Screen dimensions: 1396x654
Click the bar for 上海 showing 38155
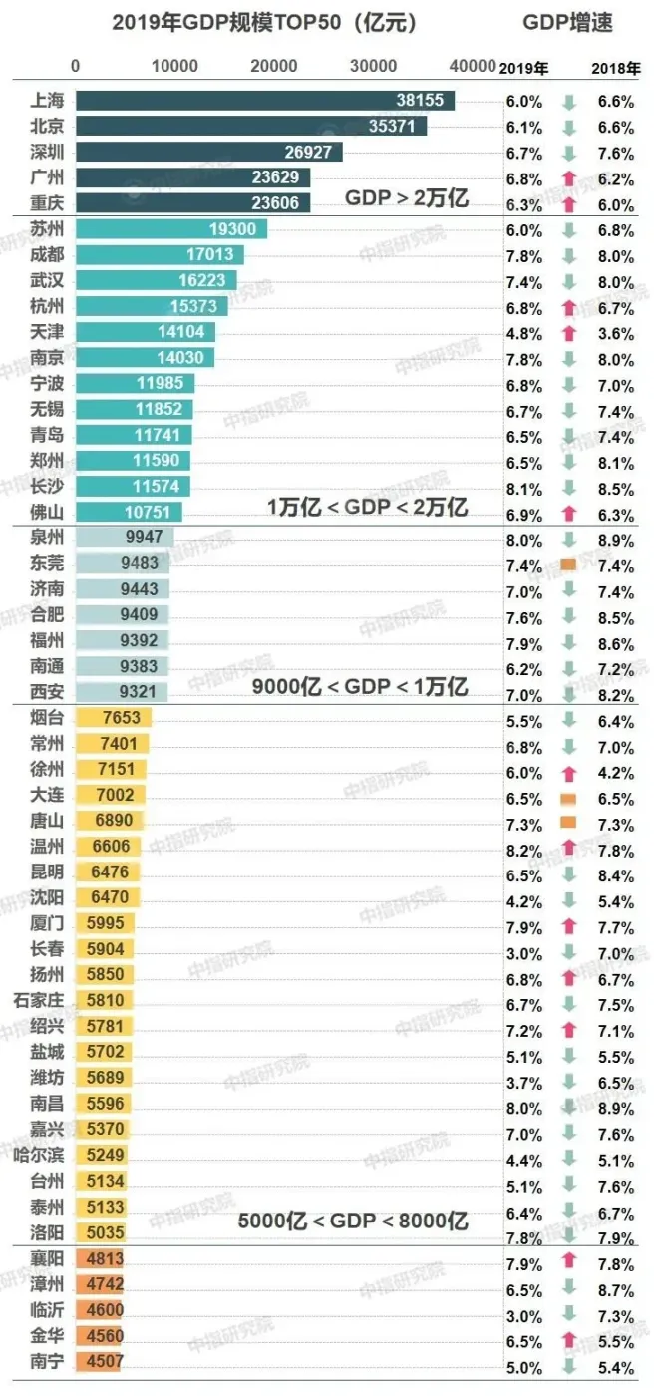point(264,101)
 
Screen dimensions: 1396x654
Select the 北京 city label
point(48,127)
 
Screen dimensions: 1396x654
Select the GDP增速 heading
point(567,22)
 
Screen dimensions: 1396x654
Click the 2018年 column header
point(615,69)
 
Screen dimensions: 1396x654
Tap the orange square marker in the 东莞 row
point(568,565)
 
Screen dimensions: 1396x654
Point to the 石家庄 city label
point(40,1000)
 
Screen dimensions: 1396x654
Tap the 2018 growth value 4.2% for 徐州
point(615,773)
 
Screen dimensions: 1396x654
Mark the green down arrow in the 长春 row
point(568,952)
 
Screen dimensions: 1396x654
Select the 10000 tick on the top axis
point(174,67)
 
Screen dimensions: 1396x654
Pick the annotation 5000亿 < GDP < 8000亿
point(353,1221)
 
